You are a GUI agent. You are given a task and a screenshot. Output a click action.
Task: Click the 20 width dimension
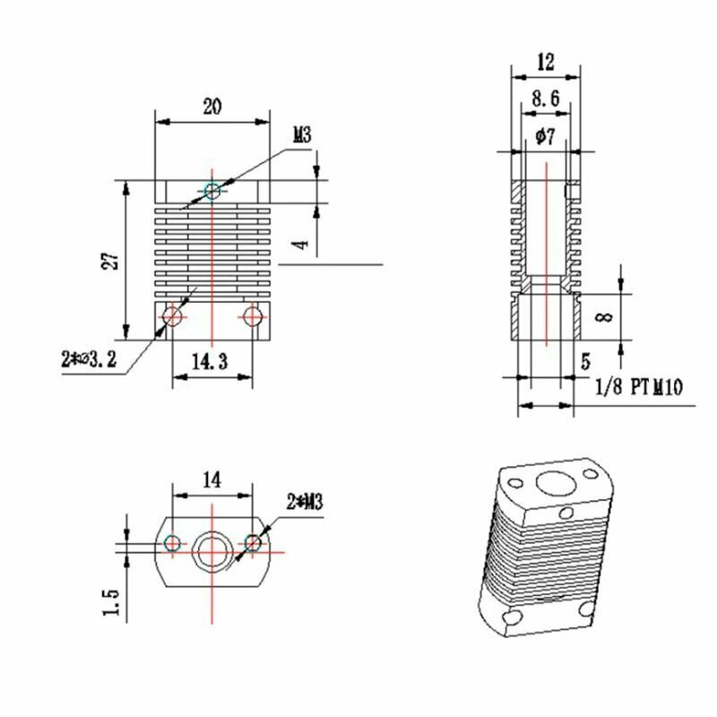point(212,107)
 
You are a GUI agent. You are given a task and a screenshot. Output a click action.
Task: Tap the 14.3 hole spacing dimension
point(210,362)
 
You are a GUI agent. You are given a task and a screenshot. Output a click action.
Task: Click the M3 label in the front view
point(302,135)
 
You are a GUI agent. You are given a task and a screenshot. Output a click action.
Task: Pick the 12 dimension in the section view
point(546,62)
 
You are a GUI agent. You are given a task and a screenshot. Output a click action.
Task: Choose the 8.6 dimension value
point(546,98)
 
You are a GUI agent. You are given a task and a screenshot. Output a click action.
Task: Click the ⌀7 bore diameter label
point(546,136)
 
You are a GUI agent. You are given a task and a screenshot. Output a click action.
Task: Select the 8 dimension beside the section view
point(605,316)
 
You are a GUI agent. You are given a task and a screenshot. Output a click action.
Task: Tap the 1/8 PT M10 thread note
point(639,387)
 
